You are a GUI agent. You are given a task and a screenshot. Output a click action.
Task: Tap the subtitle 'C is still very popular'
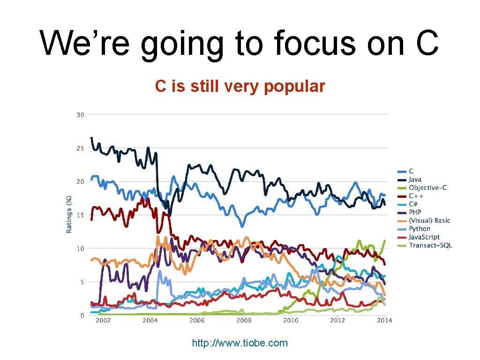pyautogui.click(x=240, y=86)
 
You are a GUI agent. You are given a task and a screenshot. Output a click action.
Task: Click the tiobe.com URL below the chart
pyautogui.click(x=240, y=343)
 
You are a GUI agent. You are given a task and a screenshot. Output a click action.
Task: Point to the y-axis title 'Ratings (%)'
pyautogui.click(x=69, y=214)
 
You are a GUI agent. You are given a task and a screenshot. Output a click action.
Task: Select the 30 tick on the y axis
pyautogui.click(x=80, y=115)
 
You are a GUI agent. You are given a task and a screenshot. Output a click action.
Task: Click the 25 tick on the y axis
pyautogui.click(x=80, y=148)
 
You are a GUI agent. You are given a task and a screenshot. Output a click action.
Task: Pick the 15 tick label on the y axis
pyautogui.click(x=80, y=215)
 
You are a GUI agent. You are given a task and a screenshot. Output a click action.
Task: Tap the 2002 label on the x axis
pyautogui.click(x=103, y=320)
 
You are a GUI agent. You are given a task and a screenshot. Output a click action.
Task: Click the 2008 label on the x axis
pyautogui.click(x=244, y=320)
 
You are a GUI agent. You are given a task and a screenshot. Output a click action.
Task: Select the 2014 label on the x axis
pyautogui.click(x=384, y=320)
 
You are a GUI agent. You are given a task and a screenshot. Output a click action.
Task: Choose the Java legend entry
pyautogui.click(x=415, y=180)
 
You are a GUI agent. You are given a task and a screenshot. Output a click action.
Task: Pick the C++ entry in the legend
pyautogui.click(x=416, y=196)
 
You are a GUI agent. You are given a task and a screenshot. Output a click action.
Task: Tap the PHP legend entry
pyautogui.click(x=415, y=212)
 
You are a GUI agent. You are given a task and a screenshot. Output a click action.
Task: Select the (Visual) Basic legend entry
pyautogui.click(x=429, y=220)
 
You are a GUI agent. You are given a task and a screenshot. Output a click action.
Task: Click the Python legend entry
pyautogui.click(x=419, y=229)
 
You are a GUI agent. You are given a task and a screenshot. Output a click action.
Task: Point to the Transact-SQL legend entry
pyautogui.click(x=430, y=245)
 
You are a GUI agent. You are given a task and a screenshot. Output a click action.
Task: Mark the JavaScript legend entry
pyautogui.click(x=424, y=237)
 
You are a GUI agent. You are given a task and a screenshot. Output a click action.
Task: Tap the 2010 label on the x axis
pyautogui.click(x=291, y=320)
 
